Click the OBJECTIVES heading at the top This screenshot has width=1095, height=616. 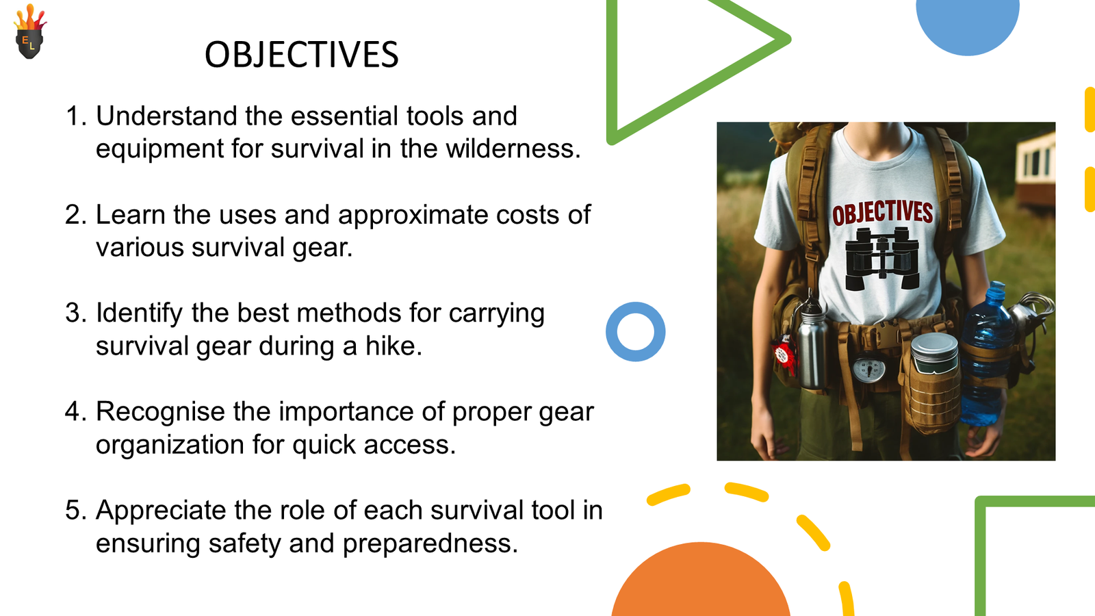[x=302, y=54]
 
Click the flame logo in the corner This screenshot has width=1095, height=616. [x=30, y=31]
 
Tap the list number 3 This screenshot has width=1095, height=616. [x=76, y=313]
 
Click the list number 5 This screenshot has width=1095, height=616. [x=76, y=511]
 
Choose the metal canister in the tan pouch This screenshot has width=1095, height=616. [x=934, y=353]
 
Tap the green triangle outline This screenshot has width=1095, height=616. [x=612, y=73]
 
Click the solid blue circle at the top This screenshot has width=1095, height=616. [x=968, y=25]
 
